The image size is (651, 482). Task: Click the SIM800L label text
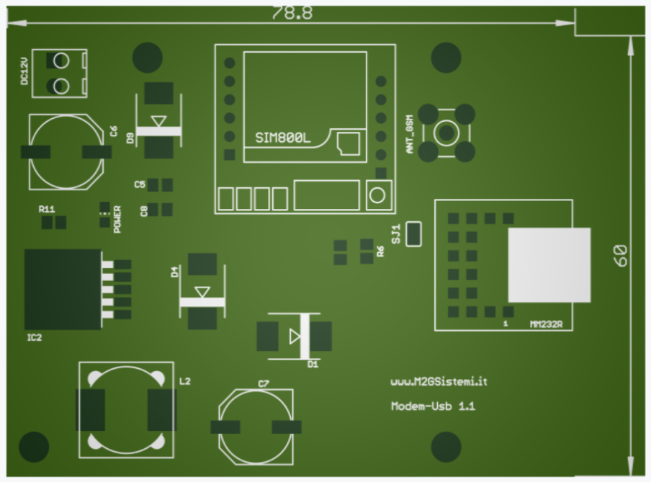[283, 138]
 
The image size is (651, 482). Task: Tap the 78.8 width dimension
[292, 13]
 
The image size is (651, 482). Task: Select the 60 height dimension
[621, 255]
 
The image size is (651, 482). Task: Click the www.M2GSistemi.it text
[434, 380]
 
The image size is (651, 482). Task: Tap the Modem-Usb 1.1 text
[433, 406]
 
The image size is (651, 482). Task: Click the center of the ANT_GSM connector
[446, 133]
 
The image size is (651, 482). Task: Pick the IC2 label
[35, 336]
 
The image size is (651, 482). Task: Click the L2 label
[184, 380]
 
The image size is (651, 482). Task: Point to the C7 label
[263, 383]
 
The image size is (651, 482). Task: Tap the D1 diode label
[313, 365]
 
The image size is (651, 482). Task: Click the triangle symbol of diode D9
[159, 120]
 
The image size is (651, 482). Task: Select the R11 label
[47, 209]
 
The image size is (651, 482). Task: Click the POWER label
[117, 220]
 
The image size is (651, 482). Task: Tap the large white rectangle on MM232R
[549, 264]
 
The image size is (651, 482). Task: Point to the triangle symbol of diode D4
[202, 291]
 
